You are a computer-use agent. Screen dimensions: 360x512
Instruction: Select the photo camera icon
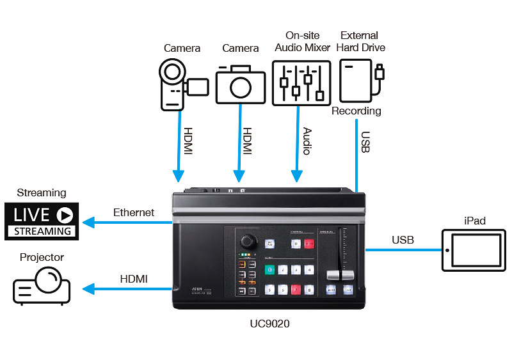coord(240,83)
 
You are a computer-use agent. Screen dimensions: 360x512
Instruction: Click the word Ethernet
coord(133,212)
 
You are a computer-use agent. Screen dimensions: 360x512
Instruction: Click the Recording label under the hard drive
coord(356,111)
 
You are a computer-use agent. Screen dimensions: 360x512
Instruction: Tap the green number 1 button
coord(269,270)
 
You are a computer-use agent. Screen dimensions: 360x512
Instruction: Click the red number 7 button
coord(296,289)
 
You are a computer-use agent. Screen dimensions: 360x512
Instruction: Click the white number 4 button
coord(310,270)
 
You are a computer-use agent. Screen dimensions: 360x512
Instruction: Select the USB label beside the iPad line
coord(403,240)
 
